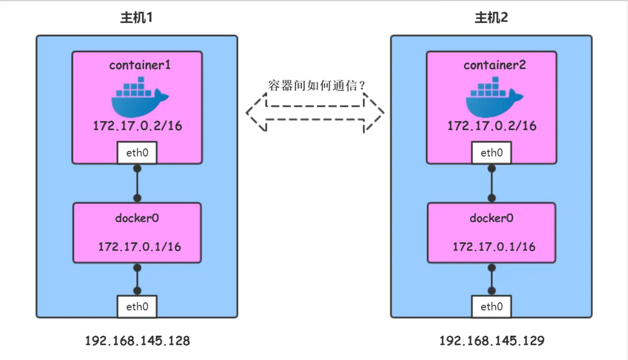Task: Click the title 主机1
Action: pyautogui.click(x=136, y=18)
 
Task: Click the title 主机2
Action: pyautogui.click(x=491, y=18)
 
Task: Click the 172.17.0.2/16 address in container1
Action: pyautogui.click(x=137, y=126)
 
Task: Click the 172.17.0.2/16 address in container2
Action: pyautogui.click(x=492, y=126)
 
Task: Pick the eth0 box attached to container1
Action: pyautogui.click(x=137, y=153)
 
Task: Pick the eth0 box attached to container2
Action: pyautogui.click(x=491, y=153)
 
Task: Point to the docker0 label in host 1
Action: pyautogui.click(x=137, y=218)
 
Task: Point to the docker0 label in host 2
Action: pyautogui.click(x=491, y=218)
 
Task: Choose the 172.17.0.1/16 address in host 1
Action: pyautogui.click(x=139, y=247)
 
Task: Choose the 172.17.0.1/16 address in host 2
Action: pyautogui.click(x=494, y=247)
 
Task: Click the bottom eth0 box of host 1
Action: pyautogui.click(x=137, y=307)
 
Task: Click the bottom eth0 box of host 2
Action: pyautogui.click(x=491, y=307)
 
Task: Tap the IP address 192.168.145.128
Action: pyautogui.click(x=137, y=341)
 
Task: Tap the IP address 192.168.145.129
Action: pyautogui.click(x=492, y=341)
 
